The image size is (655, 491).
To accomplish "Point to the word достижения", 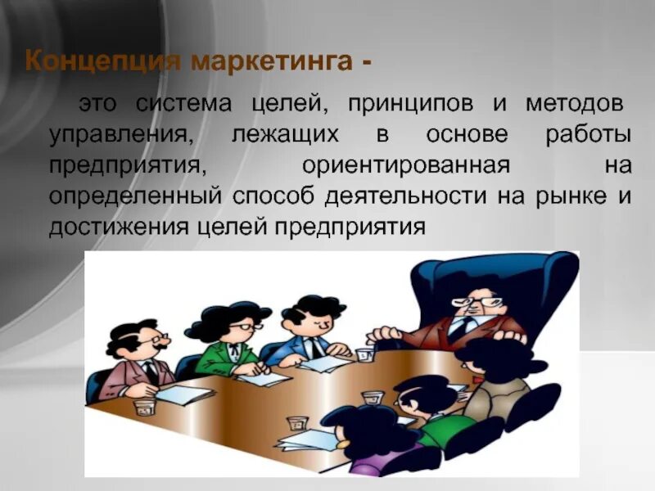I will (119, 227).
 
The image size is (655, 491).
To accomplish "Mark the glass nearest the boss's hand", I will (364, 354).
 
